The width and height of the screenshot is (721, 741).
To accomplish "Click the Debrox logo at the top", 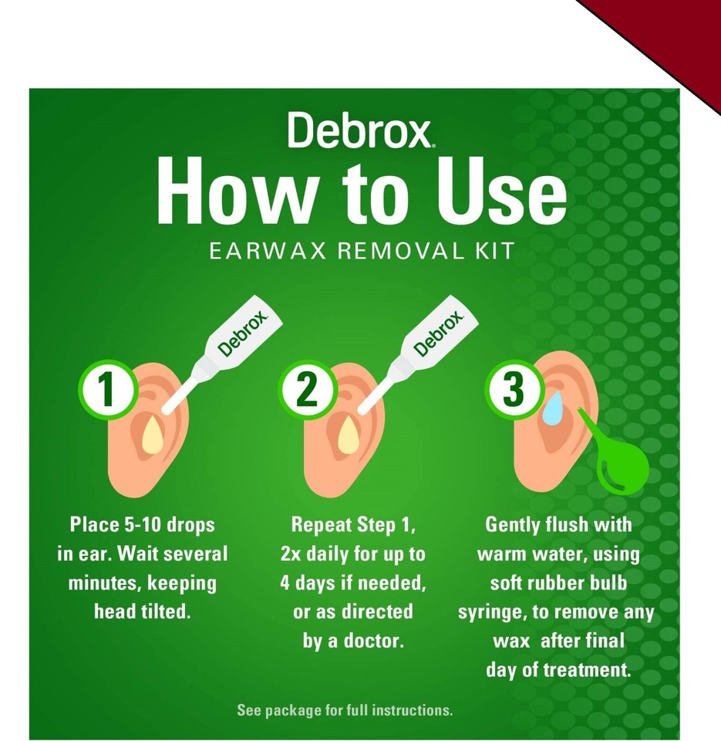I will (x=360, y=130).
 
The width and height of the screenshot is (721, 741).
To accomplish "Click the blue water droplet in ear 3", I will (x=552, y=407).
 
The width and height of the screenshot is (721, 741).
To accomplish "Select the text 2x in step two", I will (x=293, y=554).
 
